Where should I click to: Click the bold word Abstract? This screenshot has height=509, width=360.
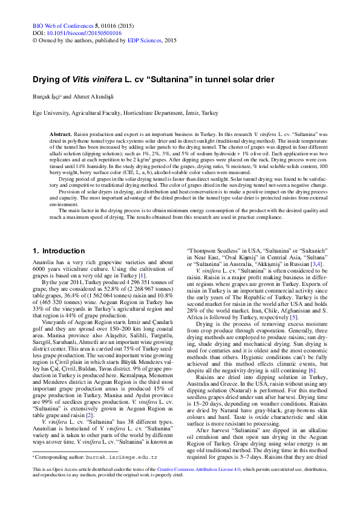(61, 132)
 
